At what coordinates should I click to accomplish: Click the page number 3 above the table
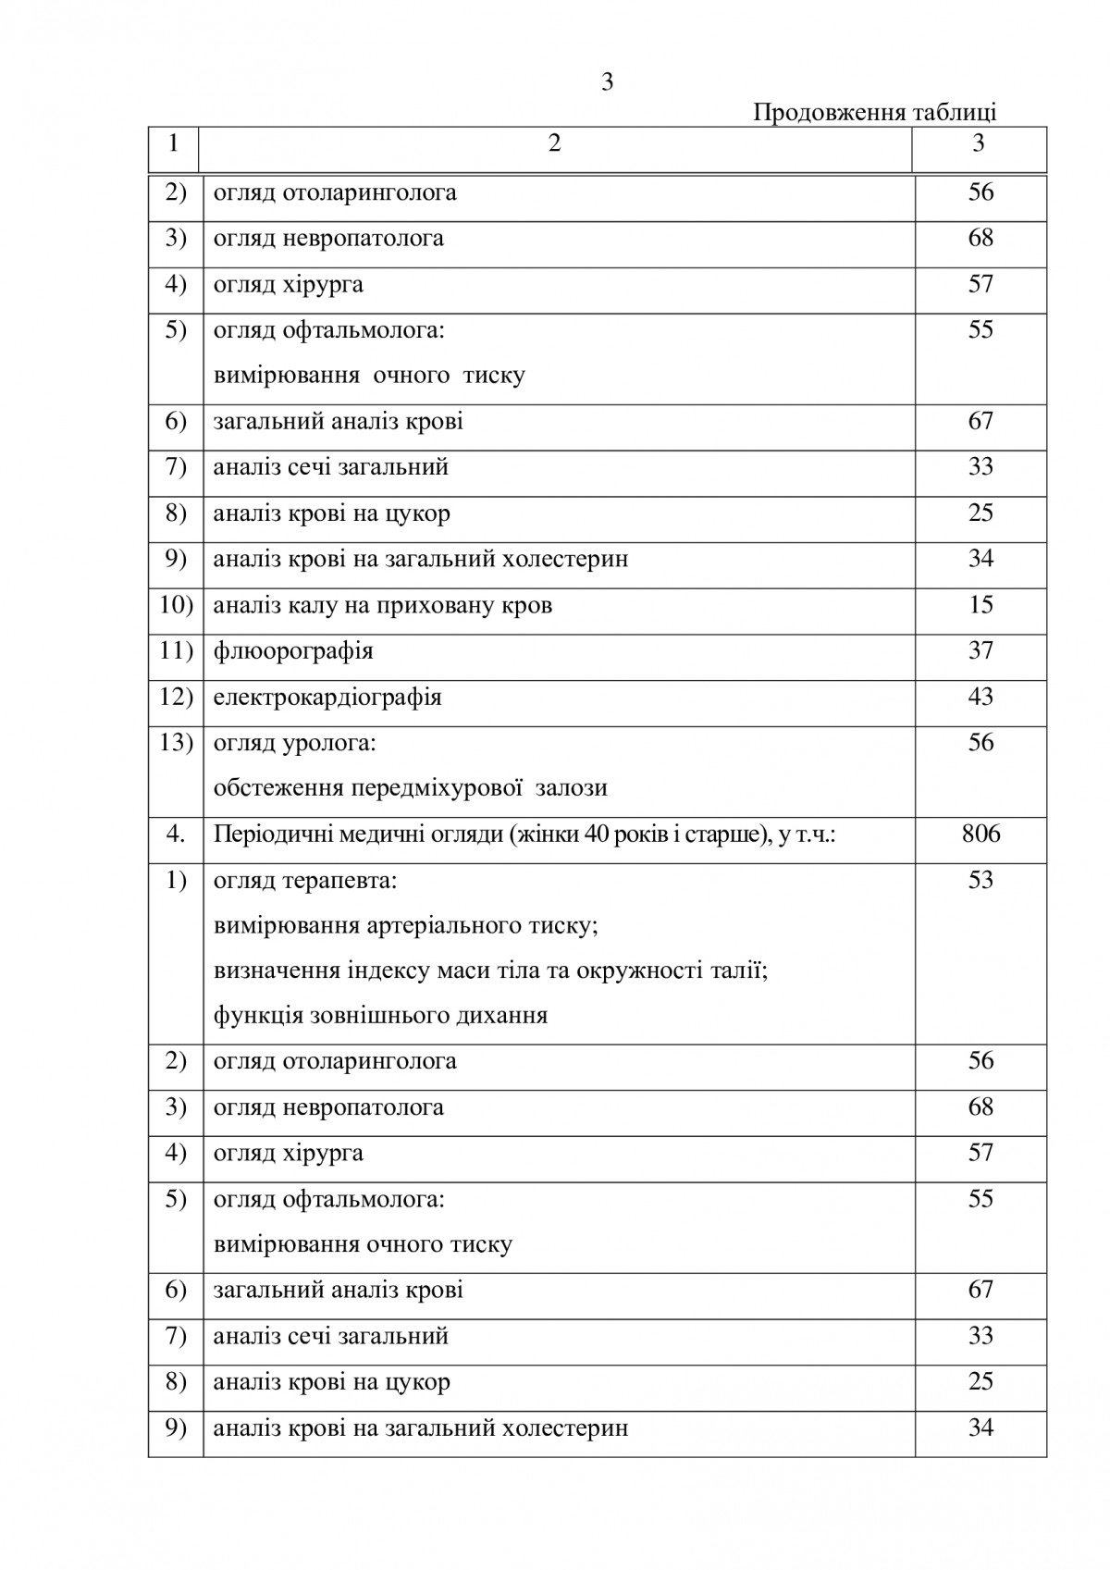[x=607, y=83]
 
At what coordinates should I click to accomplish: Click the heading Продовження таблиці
[x=874, y=113]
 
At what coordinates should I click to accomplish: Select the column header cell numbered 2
[x=554, y=144]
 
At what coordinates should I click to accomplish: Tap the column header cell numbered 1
[x=174, y=144]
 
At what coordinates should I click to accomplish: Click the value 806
[x=980, y=834]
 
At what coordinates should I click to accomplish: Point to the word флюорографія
[x=293, y=651]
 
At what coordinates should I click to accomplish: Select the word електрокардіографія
[x=327, y=697]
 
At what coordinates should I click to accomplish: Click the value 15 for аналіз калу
[x=980, y=605]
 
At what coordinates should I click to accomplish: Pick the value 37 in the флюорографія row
[x=980, y=651]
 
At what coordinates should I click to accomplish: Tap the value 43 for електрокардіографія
[x=980, y=697]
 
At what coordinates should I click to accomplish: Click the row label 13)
[x=176, y=743]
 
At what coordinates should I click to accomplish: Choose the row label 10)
[x=176, y=605]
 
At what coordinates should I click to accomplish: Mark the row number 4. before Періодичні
[x=176, y=834]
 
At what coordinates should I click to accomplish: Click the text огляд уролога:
[x=294, y=743]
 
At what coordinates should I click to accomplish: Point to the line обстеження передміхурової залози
[x=410, y=788]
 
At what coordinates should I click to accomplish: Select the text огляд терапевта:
[x=305, y=880]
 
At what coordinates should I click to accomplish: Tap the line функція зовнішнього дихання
[x=380, y=1016]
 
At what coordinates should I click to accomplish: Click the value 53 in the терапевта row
[x=980, y=880]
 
